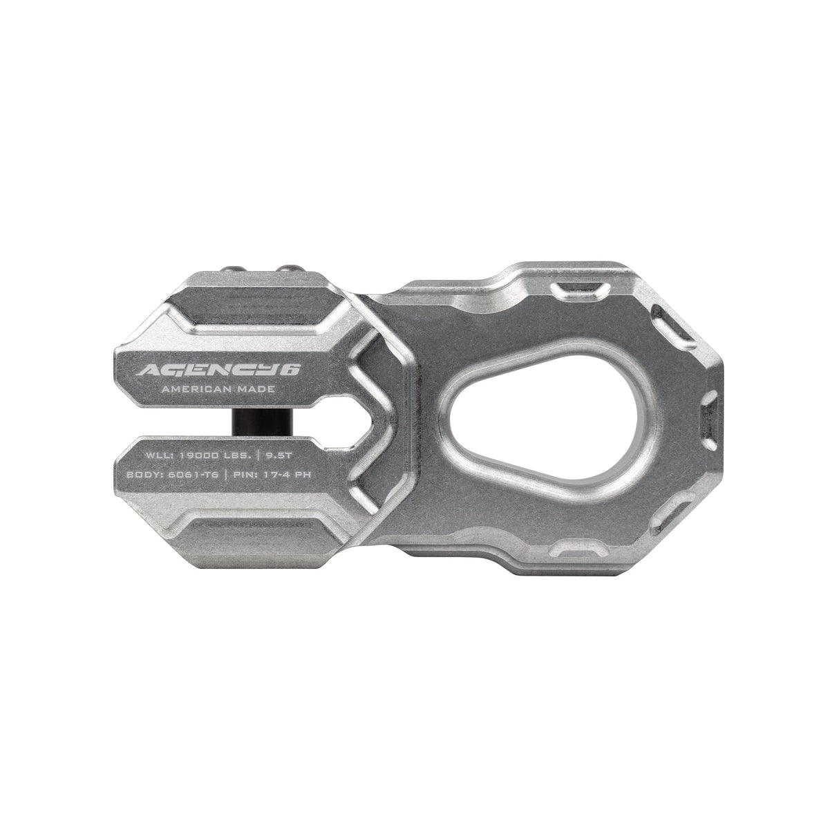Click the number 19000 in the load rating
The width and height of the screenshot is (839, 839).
(200, 456)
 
